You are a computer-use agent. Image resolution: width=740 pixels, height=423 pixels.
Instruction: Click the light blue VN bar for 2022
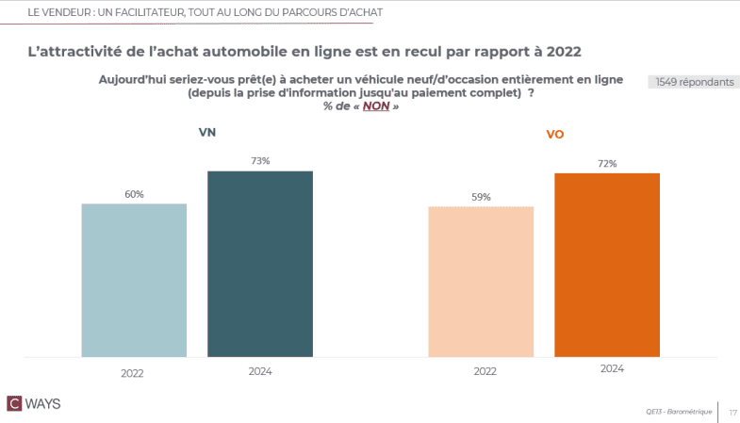[134, 280]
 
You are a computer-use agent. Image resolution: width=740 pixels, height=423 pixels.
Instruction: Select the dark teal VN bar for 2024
[260, 264]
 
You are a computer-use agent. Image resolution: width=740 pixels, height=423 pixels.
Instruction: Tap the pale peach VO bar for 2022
[481, 282]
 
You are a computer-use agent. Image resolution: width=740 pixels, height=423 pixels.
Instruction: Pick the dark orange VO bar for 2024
[607, 265]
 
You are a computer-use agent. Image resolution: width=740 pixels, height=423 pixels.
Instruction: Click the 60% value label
[134, 194]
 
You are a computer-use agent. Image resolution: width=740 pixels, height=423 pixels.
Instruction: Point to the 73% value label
[260, 161]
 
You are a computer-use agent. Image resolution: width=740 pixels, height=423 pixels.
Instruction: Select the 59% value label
[481, 197]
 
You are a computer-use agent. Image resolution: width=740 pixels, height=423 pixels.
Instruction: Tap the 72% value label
[607, 164]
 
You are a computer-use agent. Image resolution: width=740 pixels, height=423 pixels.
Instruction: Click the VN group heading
[207, 133]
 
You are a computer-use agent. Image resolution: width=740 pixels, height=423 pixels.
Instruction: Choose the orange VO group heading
[555, 135]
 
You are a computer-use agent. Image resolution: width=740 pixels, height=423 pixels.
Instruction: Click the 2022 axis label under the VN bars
[132, 372]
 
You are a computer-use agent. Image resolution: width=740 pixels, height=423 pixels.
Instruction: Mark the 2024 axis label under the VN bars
[260, 371]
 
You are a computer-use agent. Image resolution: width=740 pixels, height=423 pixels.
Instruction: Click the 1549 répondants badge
[693, 82]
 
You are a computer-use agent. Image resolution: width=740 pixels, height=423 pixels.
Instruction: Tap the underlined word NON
[375, 106]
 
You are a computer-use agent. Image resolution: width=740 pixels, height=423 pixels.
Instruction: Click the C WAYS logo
[35, 403]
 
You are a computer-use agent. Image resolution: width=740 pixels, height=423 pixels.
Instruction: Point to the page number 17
[732, 412]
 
